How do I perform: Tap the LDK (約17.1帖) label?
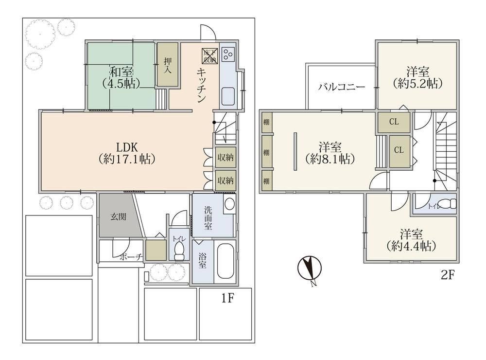(127, 153)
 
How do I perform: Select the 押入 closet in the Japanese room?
(168, 65)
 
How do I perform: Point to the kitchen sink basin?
(228, 96)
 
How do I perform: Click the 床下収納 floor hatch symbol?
(209, 55)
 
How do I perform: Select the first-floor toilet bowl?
(179, 251)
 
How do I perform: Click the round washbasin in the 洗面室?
(230, 204)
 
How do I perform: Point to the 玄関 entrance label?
(118, 216)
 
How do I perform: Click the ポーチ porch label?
(130, 257)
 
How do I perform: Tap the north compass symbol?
(309, 269)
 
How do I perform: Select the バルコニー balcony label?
(342, 87)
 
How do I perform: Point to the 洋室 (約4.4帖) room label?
(411, 240)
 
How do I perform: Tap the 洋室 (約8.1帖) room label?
(330, 152)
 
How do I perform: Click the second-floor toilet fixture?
(449, 204)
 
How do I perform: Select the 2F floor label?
(448, 275)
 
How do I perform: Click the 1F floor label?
(227, 298)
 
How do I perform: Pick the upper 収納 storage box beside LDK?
(226, 157)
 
